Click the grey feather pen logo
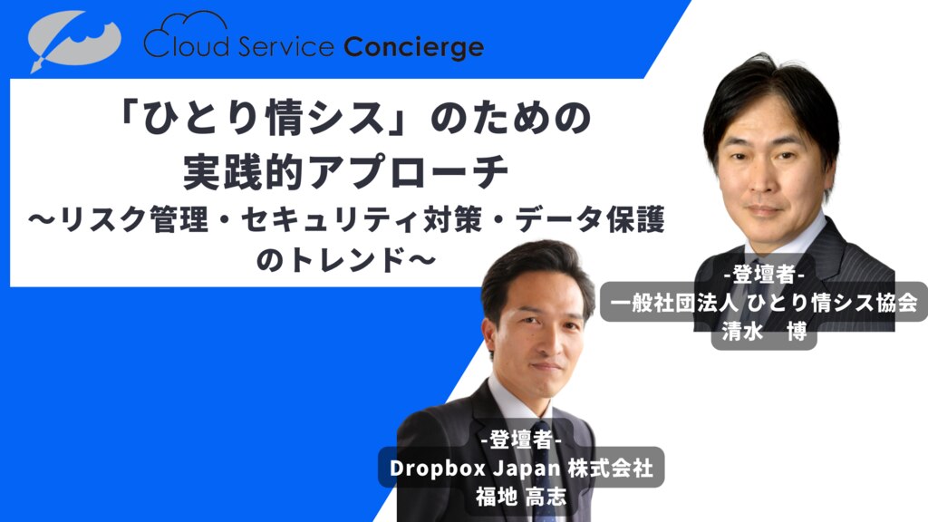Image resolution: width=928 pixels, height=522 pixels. (74, 40)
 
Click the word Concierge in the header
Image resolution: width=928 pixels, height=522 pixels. (413, 47)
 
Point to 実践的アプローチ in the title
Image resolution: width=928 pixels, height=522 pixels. (345, 171)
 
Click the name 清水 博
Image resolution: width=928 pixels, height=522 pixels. (764, 332)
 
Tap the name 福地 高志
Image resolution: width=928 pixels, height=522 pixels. (521, 497)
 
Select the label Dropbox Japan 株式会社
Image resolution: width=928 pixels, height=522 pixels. (521, 469)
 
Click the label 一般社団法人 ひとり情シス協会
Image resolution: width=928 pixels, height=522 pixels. (763, 303)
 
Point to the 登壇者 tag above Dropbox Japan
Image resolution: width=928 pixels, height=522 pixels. (521, 440)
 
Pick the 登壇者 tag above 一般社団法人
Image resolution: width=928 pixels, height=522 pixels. (763, 275)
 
